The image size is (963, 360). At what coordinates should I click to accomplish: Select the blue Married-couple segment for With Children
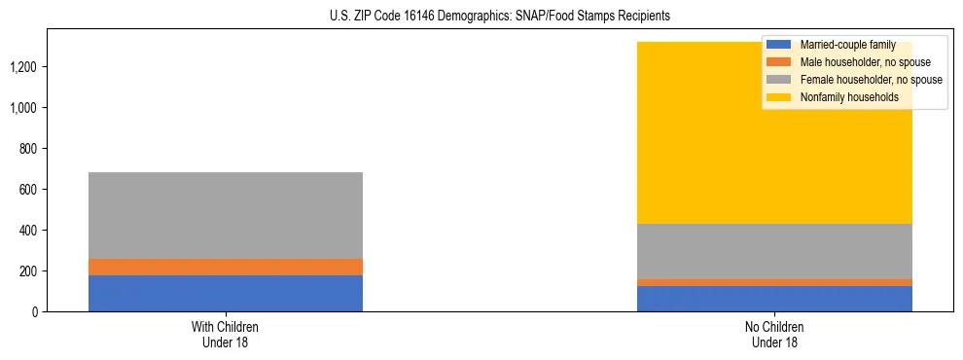click(x=226, y=293)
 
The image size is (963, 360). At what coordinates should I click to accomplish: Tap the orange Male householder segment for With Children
click(x=226, y=267)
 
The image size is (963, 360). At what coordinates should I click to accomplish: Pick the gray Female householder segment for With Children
click(x=226, y=215)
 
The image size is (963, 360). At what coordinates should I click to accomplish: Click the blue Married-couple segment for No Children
click(x=774, y=299)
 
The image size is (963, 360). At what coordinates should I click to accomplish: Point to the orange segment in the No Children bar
click(x=774, y=282)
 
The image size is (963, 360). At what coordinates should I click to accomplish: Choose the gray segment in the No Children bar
click(x=774, y=251)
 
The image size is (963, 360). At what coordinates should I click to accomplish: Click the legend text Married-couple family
click(x=847, y=45)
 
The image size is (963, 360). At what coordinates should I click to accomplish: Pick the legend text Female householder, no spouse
click(x=871, y=80)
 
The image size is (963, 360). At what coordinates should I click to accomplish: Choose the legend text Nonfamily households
click(x=849, y=97)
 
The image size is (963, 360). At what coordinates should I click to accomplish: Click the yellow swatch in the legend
click(x=779, y=97)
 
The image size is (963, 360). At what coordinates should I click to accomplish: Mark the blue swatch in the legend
click(x=779, y=45)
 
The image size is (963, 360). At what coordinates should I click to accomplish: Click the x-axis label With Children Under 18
click(x=226, y=334)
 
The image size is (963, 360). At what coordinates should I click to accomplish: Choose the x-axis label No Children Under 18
click(x=774, y=334)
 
